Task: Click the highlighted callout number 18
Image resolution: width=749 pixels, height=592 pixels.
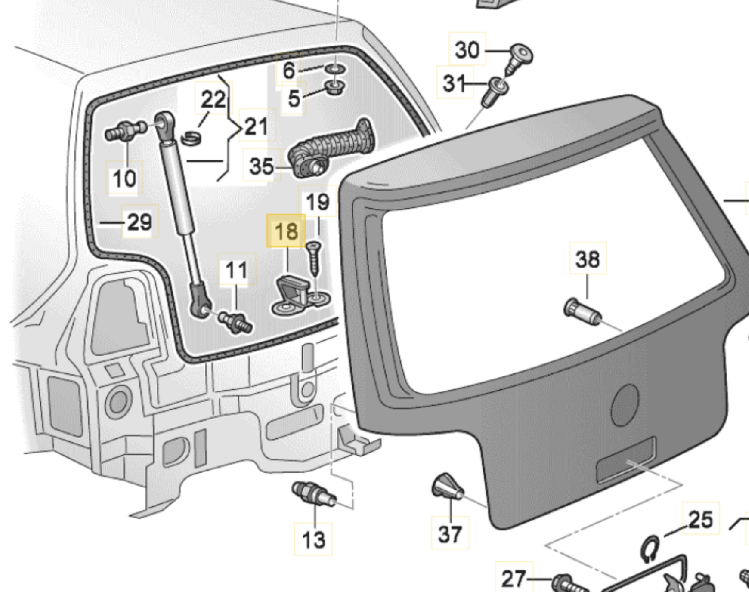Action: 286,232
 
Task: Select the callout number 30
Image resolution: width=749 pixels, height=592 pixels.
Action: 467,50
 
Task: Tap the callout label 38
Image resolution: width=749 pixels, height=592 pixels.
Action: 587,259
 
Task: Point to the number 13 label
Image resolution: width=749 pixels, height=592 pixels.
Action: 313,539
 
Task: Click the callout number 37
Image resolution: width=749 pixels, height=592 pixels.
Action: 450,534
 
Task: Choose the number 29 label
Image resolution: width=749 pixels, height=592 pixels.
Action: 139,222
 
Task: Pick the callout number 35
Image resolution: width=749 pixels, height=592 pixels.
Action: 261,166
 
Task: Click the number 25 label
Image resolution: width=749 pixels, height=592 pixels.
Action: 700,519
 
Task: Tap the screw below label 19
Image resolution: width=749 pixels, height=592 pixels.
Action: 313,257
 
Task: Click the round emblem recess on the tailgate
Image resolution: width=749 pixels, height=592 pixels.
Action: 626,404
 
